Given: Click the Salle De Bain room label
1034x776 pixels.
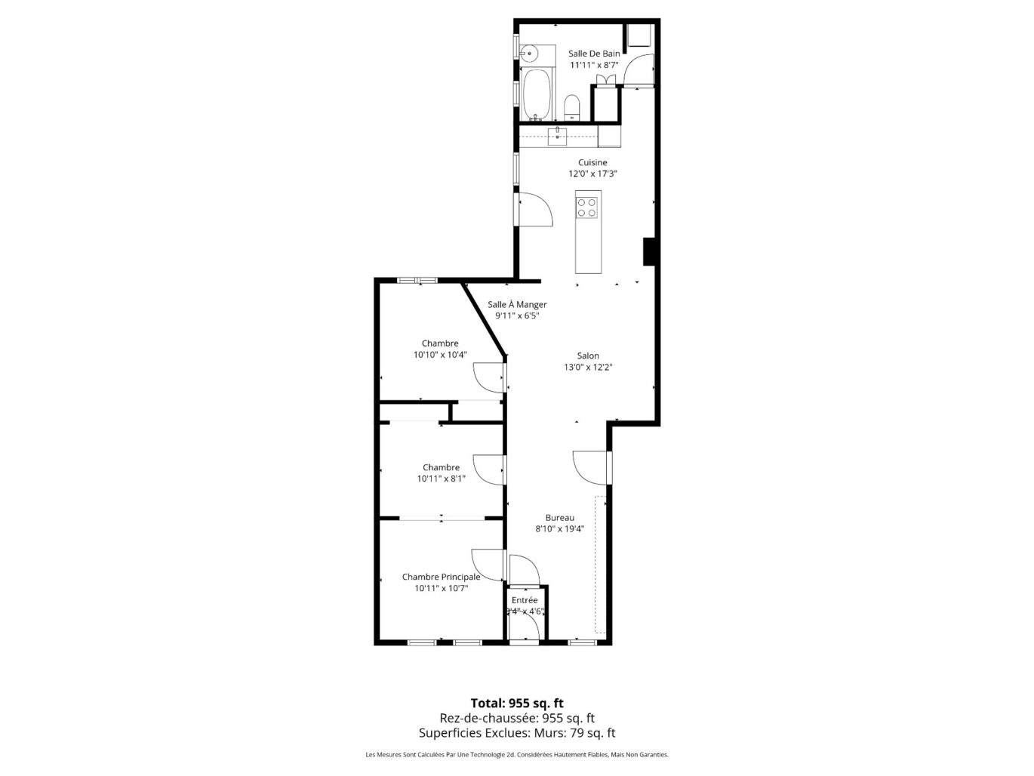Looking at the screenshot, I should click(594, 54).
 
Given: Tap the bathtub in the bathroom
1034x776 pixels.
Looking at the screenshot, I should click(537, 94).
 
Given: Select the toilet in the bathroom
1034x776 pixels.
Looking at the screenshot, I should click(572, 106).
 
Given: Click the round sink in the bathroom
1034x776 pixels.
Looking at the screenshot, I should click(530, 53).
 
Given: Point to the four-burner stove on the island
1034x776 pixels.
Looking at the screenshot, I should click(587, 207).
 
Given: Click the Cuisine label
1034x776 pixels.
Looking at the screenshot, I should click(592, 162).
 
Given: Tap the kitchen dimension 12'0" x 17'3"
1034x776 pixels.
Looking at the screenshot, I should click(592, 174).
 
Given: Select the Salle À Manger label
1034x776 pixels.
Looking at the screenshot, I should click(517, 304).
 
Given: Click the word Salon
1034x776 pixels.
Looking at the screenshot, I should click(588, 356).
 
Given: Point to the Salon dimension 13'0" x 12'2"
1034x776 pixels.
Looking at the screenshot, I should click(588, 368).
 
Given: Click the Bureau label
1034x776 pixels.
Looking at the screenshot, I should click(560, 518).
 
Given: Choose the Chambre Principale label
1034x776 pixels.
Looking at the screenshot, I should click(441, 577).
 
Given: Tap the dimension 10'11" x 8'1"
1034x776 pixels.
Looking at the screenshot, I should click(441, 479).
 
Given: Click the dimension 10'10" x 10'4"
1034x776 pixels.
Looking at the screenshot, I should click(440, 355).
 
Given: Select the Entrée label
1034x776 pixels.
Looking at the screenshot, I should click(525, 600).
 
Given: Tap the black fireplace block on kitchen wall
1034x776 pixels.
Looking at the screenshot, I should click(648, 251).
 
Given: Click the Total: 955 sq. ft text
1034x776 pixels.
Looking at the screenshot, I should click(517, 703).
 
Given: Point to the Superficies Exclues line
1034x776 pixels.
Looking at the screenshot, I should click(517, 732).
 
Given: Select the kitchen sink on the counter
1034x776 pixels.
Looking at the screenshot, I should click(557, 136).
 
